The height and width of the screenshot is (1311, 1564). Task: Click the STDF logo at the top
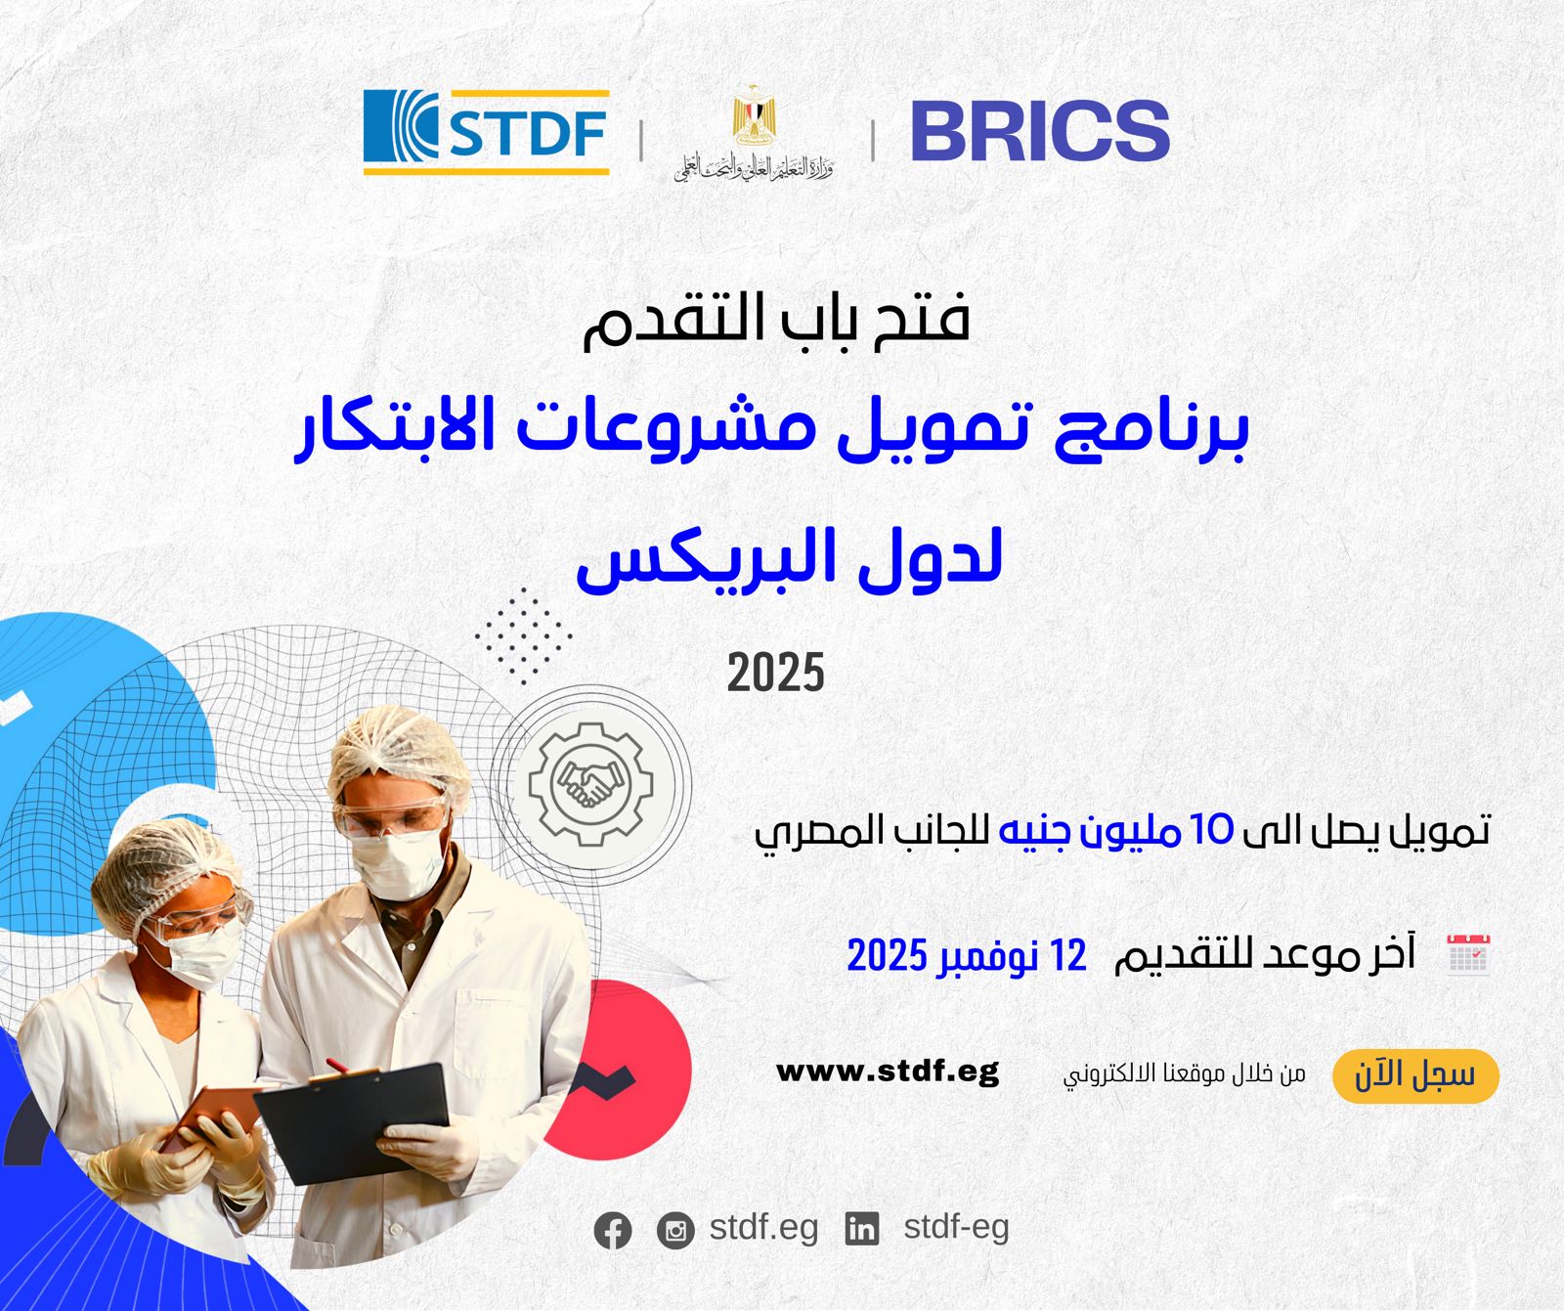tap(486, 132)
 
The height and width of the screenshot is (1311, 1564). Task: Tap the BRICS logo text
tap(1039, 131)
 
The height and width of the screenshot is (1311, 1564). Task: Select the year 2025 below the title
tap(775, 674)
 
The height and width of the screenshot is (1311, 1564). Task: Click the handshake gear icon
tap(590, 783)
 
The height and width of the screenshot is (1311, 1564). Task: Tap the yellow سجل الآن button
tap(1414, 1075)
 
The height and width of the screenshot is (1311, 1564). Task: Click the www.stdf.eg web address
tap(888, 1071)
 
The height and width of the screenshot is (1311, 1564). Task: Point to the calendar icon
tap(1468, 955)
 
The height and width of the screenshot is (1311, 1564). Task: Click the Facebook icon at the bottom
tap(613, 1230)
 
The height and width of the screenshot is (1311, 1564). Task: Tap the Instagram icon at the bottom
tap(675, 1230)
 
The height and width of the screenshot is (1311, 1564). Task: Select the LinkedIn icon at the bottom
tap(861, 1229)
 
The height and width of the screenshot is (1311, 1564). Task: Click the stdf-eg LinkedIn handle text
tap(955, 1227)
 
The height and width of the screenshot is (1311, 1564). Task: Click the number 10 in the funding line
tap(1212, 830)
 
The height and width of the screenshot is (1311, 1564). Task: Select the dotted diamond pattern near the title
tap(524, 636)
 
